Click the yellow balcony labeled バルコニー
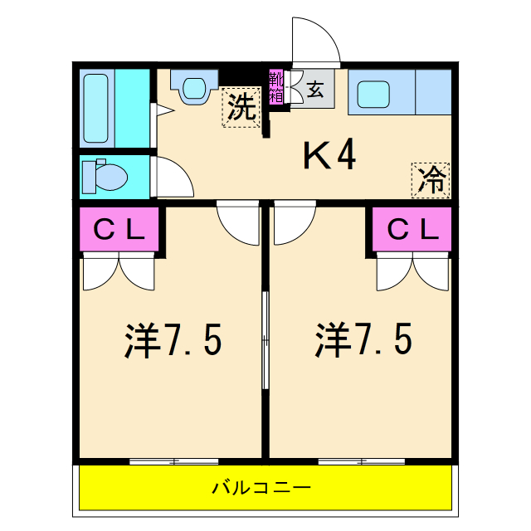coord(265,487)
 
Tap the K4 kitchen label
coord(329,155)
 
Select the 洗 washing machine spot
coord(241,108)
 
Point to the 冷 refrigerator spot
coord(431,180)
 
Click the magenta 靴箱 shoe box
coord(275,86)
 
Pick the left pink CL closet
coord(119,231)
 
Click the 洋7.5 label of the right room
coord(363,340)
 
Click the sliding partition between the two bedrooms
coord(265,340)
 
